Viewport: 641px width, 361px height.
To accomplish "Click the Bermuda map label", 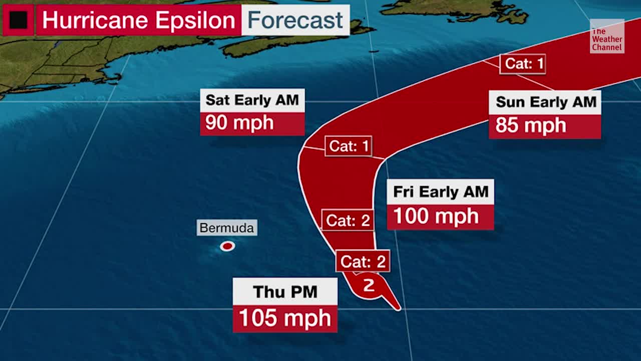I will pos(226,228).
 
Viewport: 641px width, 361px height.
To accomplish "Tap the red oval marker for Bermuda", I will pos(227,246).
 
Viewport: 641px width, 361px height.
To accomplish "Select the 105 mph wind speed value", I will pos(285,319).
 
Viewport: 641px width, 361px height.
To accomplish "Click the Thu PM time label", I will pos(285,292).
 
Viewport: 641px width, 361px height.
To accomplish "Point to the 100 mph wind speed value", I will pos(436,217).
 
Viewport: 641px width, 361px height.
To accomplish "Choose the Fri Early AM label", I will pos(440,192).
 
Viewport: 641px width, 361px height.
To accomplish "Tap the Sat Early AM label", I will pos(252,100).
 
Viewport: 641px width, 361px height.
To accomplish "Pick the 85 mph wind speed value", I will pos(531,125).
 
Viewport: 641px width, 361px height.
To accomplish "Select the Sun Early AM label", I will pos(546,102).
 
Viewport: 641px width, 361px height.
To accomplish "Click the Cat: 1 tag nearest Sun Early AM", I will pos(522,64).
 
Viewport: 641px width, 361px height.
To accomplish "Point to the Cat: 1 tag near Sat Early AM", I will pos(349,146).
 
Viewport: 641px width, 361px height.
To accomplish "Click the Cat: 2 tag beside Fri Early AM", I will pos(348,220).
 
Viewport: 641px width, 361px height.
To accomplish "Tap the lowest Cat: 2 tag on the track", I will pos(363,261).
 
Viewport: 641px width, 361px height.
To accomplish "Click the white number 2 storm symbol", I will pos(369,285).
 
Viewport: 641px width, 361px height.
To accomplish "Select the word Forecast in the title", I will pos(295,21).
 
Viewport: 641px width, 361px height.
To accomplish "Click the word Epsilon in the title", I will pos(195,21).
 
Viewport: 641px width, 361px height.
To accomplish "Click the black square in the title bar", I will pos(19,20).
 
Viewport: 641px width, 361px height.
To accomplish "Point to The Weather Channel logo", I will pos(606,37).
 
